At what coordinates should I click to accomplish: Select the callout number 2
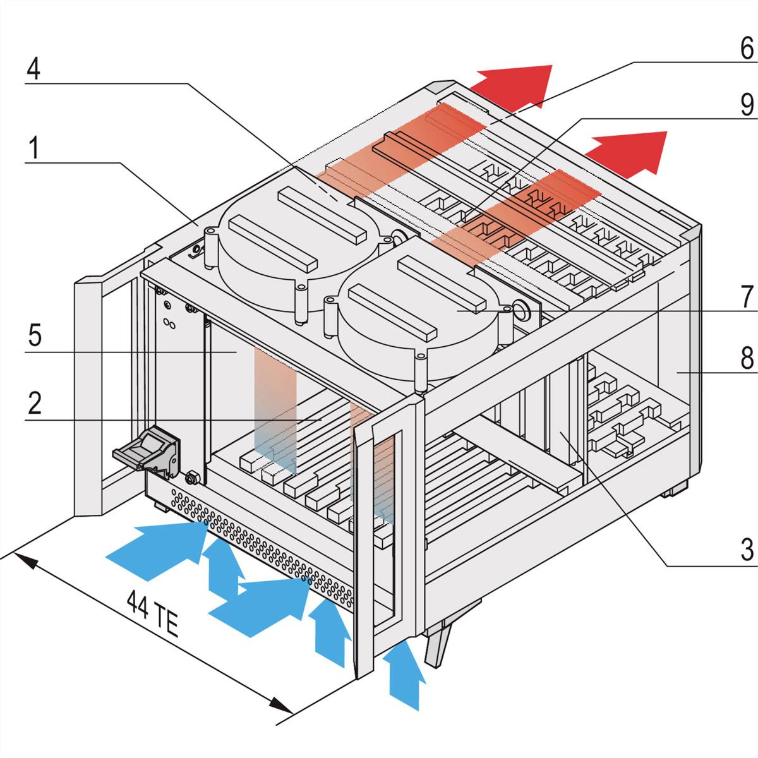35,403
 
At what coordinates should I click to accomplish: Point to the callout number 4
33,69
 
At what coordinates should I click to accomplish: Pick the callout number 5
35,335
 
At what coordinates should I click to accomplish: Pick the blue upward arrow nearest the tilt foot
404,676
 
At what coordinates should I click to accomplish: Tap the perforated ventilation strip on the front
265,550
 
